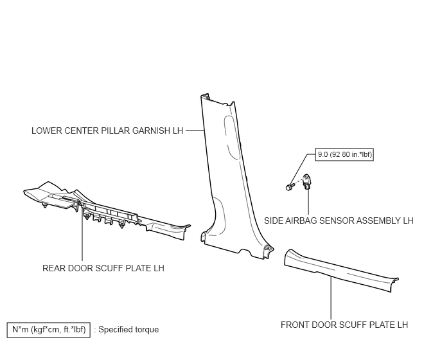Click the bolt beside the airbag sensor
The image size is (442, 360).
290,187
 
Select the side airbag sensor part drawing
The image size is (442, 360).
306,181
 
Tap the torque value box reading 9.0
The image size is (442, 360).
344,154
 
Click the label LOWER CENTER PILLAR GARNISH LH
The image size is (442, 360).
107,130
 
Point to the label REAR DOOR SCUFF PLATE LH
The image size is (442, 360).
103,268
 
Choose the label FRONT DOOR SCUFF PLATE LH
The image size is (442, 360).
344,325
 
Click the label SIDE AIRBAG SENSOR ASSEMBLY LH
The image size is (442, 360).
339,221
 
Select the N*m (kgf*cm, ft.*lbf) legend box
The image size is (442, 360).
48,330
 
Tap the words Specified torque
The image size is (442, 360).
128,330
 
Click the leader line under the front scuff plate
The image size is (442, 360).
331,298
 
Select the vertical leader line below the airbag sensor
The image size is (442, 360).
308,201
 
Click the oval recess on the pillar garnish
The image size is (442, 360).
233,137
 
